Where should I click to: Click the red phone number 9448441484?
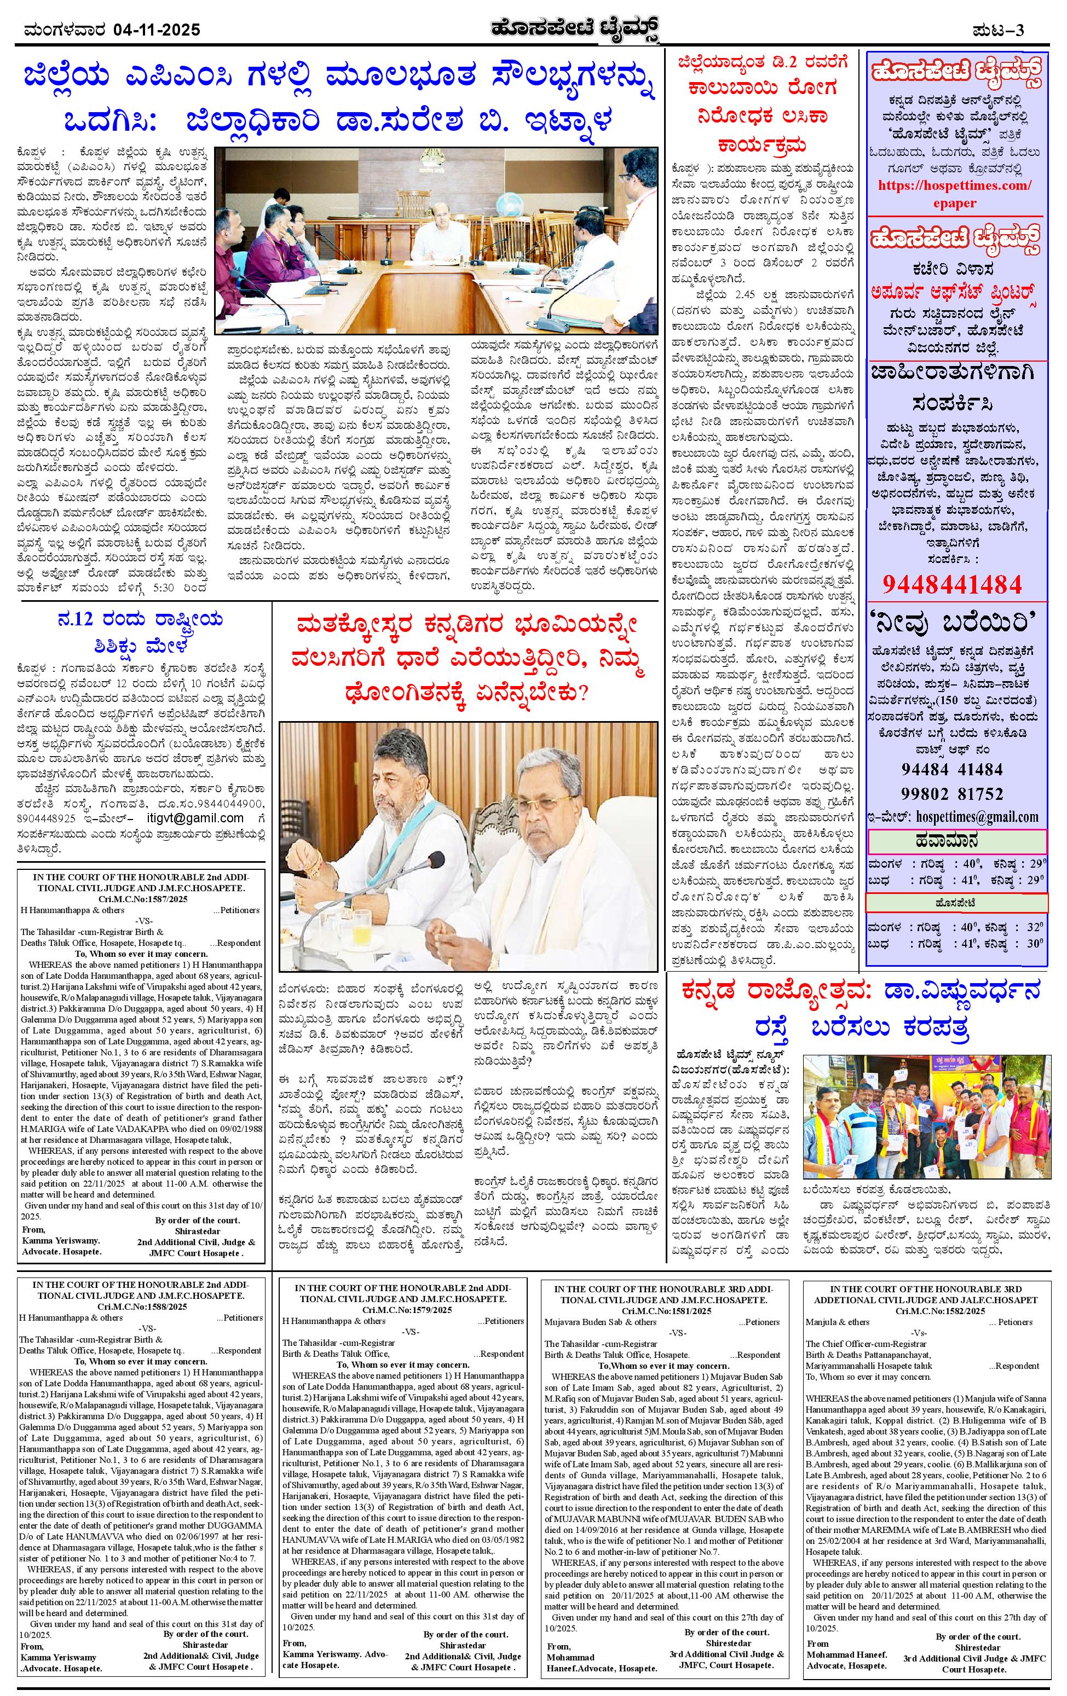(x=951, y=583)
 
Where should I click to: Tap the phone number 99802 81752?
(x=952, y=794)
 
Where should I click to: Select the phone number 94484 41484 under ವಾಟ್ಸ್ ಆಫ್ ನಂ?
(x=952, y=770)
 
